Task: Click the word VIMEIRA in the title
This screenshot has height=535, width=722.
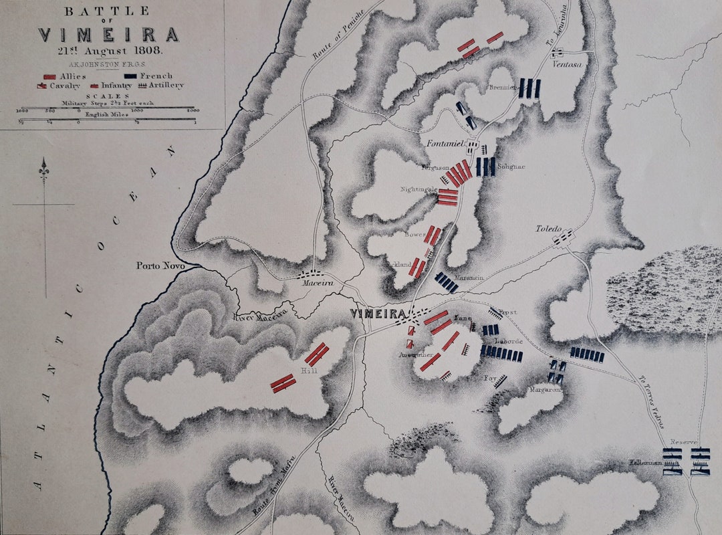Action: (x=108, y=35)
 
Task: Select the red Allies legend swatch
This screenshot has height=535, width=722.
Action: (x=49, y=77)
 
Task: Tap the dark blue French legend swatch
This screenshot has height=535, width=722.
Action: (x=130, y=77)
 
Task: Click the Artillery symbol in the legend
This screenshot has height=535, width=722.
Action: (x=142, y=86)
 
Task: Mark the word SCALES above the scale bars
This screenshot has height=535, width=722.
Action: (x=108, y=96)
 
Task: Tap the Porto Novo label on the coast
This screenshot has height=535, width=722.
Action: (x=159, y=265)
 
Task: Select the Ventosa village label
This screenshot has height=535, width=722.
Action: (x=565, y=64)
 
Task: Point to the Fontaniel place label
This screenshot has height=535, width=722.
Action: (x=444, y=142)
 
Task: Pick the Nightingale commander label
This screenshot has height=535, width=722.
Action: (x=419, y=190)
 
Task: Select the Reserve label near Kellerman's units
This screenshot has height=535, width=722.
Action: (x=685, y=442)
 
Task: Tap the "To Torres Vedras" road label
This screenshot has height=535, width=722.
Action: (x=652, y=400)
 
